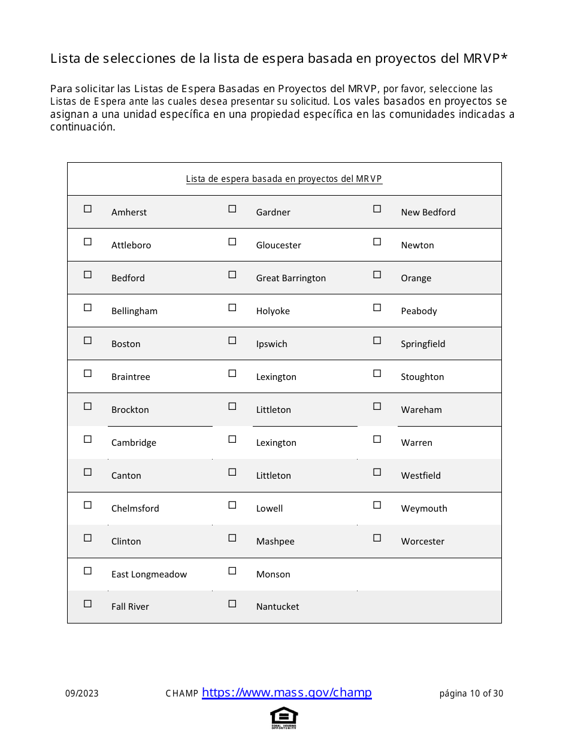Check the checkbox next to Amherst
[87, 209]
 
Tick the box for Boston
[87, 340]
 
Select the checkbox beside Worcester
[377, 538]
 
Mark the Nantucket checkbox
[232, 604]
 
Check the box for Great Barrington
[232, 275]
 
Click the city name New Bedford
[428, 212]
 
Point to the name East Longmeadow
[149, 574]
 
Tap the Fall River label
[130, 607]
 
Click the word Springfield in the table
[423, 344]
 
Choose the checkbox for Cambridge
[87, 439]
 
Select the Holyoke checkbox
[232, 308]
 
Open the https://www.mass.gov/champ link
[286, 692]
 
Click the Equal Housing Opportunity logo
[284, 717]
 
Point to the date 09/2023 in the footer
[82, 694]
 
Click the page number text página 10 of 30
[471, 694]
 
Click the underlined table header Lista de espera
[284, 179]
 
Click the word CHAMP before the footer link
[181, 694]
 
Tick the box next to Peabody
[377, 308]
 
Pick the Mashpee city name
[275, 542]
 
